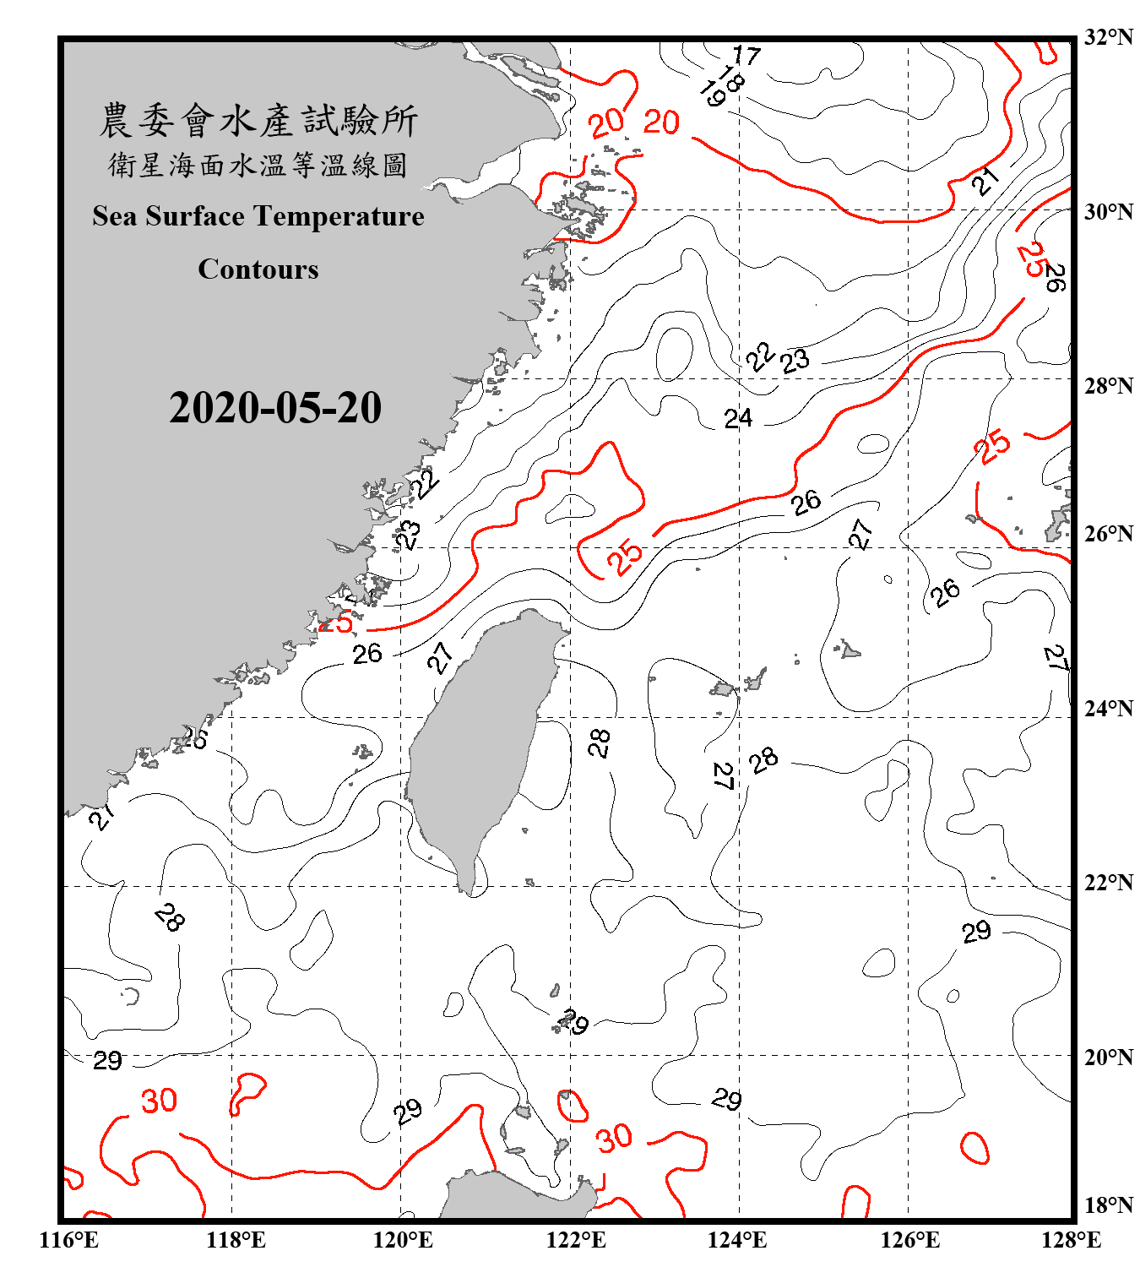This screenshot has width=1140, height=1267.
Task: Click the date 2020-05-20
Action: (x=275, y=408)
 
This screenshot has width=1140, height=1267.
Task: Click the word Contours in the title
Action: (x=258, y=269)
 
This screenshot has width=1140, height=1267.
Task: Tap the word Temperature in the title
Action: (x=340, y=216)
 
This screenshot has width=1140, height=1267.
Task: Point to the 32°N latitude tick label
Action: (x=1108, y=37)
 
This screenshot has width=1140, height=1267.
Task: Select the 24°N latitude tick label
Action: (x=1108, y=709)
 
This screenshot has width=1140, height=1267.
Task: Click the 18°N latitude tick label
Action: (x=1108, y=1205)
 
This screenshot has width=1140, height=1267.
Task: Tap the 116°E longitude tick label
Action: (x=69, y=1240)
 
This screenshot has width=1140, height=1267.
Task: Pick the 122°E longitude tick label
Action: (x=576, y=1240)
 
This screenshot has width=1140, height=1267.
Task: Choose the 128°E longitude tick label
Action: (x=1071, y=1240)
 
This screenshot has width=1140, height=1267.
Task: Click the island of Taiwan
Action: (x=477, y=743)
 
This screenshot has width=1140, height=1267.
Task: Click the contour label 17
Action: (x=746, y=56)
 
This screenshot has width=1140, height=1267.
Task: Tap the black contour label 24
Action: (x=738, y=418)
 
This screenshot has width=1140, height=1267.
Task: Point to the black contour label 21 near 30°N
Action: (x=985, y=180)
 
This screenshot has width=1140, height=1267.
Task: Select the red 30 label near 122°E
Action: (x=614, y=1138)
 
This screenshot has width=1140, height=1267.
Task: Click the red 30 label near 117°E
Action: (x=159, y=1101)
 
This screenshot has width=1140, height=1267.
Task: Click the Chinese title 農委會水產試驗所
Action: (x=258, y=121)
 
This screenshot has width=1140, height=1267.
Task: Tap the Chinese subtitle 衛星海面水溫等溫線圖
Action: (x=258, y=166)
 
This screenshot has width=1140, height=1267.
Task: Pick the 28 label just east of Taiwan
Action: (x=599, y=743)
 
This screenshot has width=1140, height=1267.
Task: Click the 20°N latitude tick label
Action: (x=1108, y=1058)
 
